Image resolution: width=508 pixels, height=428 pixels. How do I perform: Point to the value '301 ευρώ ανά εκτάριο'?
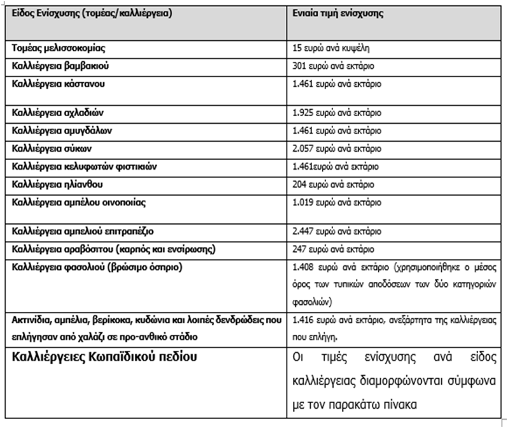(332, 66)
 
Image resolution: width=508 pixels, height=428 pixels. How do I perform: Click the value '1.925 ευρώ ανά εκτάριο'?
(336, 113)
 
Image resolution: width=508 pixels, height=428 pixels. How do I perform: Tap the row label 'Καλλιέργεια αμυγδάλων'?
(58, 131)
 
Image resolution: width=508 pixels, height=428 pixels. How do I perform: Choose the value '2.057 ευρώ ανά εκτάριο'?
(336, 149)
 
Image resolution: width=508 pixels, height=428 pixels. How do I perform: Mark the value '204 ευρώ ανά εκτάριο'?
(332, 184)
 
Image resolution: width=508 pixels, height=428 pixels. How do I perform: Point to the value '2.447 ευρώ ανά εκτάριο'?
(336, 232)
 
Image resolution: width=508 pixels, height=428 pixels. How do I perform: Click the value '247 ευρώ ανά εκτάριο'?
(332, 249)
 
